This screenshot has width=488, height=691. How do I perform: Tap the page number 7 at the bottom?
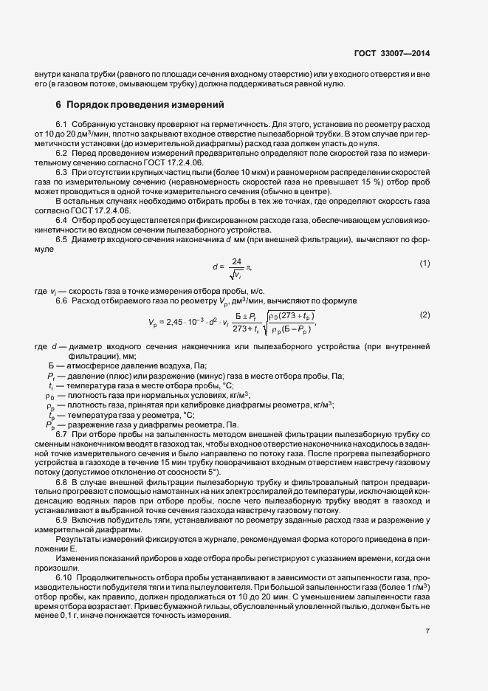tap(427, 630)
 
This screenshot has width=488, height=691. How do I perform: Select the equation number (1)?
tap(425, 264)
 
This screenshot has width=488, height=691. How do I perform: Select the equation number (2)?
tap(425, 294)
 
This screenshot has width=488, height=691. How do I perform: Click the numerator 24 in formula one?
tap(236, 261)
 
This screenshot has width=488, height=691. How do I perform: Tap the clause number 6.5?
tap(62, 239)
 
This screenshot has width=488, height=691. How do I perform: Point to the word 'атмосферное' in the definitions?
tap(94, 365)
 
